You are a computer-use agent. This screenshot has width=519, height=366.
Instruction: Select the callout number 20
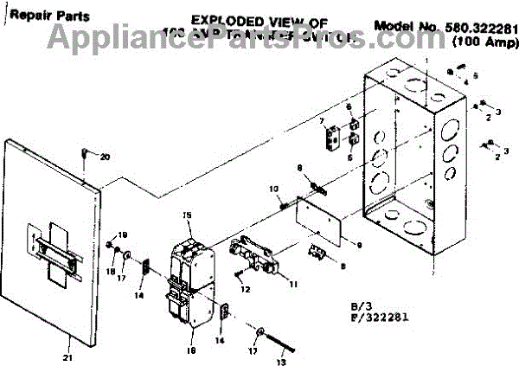tap(106, 157)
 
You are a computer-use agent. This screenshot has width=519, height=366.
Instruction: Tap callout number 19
tap(122, 234)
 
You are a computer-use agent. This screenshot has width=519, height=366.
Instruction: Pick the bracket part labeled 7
tap(331, 137)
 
